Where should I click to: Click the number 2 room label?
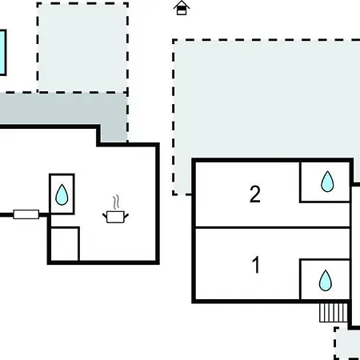(255, 194)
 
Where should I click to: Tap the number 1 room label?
(256, 265)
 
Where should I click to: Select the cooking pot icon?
(115, 217)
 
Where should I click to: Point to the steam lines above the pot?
(116, 202)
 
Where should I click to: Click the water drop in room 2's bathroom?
(327, 182)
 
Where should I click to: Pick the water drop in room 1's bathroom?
(326, 280)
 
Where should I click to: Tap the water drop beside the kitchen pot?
(62, 194)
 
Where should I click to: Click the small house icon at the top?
(182, 8)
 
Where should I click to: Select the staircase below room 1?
(334, 313)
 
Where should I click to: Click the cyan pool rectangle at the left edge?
(2, 53)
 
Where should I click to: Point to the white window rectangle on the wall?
(26, 214)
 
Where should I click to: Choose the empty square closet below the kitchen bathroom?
(64, 244)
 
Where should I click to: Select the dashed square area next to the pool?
(82, 48)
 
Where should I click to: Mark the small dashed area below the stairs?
(346, 344)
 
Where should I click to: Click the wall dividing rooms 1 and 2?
(273, 227)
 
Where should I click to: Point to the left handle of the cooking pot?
(105, 215)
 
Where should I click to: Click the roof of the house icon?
(182, 4)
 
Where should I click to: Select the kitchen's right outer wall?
(158, 204)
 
